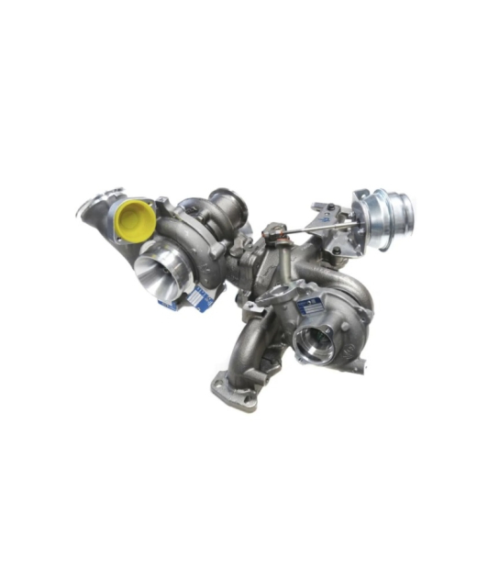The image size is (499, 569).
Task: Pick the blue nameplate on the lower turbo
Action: pos(309,304)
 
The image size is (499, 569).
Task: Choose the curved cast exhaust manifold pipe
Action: pos(252,344)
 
